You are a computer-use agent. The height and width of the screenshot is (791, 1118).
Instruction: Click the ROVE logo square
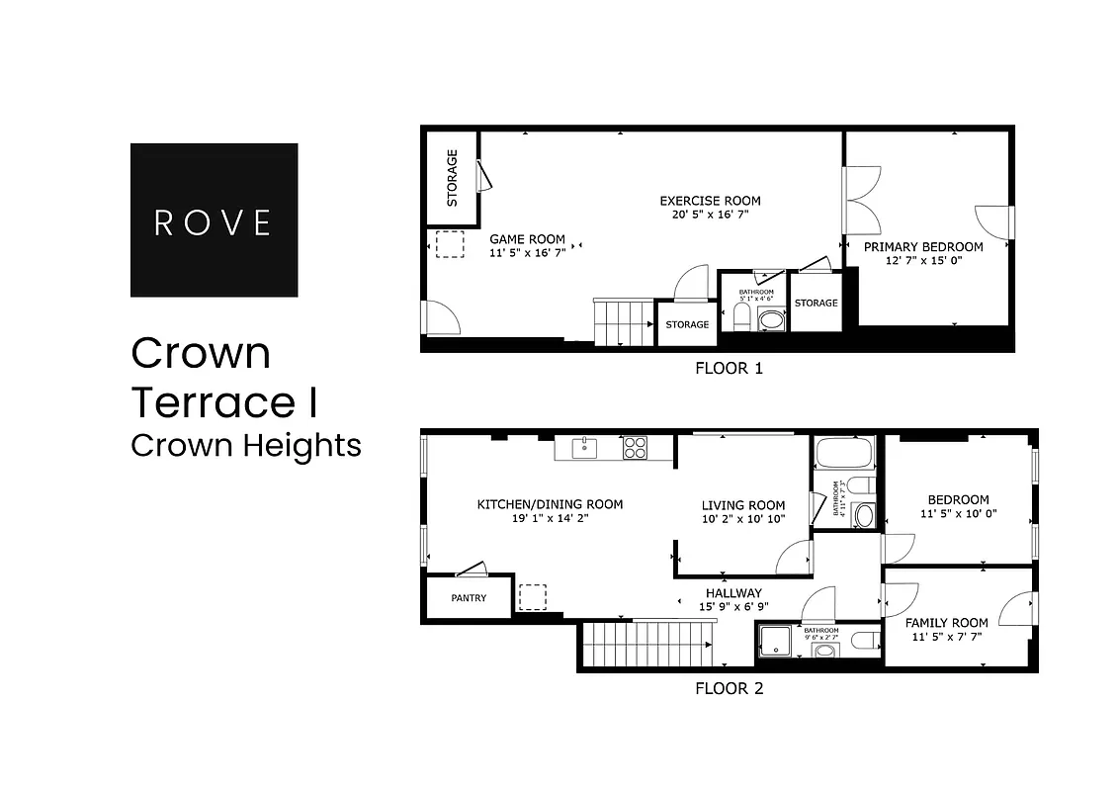[214, 220]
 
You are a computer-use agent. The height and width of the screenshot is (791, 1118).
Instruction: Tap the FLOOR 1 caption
[730, 369]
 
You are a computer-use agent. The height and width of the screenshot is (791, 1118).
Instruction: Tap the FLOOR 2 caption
[730, 688]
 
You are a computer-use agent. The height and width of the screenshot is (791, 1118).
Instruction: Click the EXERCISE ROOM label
[710, 201]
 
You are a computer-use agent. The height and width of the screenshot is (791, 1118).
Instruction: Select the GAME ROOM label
[528, 238]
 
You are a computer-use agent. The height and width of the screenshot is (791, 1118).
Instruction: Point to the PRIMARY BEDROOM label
[923, 246]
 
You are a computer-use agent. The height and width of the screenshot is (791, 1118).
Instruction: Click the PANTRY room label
[469, 598]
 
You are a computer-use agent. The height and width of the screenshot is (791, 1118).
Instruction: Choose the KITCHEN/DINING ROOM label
[550, 504]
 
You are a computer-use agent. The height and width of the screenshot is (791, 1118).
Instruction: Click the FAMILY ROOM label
[946, 623]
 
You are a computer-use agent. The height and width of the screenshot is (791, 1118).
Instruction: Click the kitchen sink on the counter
[587, 448]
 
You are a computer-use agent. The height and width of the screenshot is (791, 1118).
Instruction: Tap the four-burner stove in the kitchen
[635, 448]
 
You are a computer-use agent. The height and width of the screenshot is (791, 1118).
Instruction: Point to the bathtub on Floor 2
[844, 454]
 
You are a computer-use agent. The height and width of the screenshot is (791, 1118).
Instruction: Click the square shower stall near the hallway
[777, 641]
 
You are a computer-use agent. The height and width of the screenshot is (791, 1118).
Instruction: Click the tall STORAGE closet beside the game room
[452, 178]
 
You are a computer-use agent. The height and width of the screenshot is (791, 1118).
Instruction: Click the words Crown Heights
[245, 445]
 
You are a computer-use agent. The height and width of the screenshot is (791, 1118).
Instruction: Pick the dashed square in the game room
[450, 244]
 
